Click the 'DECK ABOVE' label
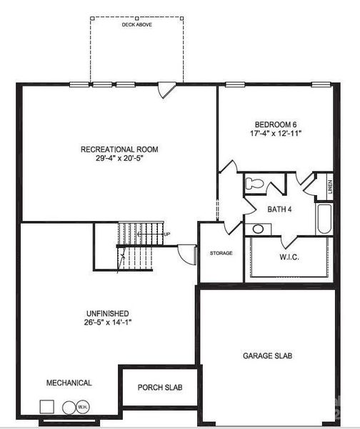coord(136,24)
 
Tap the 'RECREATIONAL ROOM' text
coord(119,149)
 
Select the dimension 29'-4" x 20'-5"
coord(119,159)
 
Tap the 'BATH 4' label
coord(279,209)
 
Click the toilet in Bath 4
coord(254,184)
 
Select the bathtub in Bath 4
coord(324,220)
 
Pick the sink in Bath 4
coord(257,229)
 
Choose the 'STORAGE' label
coord(221,253)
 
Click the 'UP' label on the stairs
coord(167,234)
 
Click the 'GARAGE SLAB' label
coord(267,355)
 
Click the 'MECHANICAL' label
coord(69,383)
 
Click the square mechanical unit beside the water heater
coord(47,406)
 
